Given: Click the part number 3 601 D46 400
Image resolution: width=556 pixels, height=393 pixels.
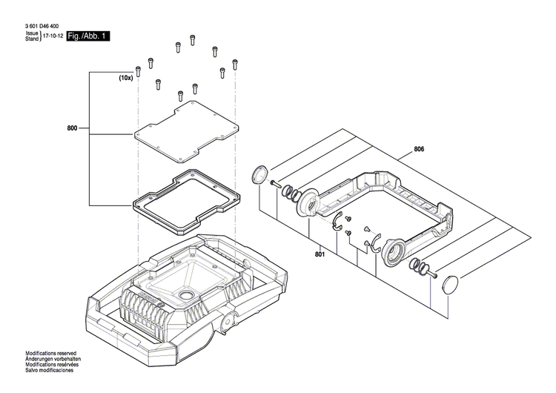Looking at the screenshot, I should pos(43,27).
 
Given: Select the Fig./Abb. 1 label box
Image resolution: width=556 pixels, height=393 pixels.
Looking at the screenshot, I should pos(87,36).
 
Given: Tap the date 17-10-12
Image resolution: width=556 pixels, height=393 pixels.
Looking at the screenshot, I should pos(52,36).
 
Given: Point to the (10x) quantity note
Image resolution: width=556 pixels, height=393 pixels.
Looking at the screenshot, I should pos(126,77).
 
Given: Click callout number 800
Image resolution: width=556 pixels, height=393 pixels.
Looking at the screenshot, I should pos(72,129).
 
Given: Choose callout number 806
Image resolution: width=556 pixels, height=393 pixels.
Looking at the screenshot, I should pos(419,150).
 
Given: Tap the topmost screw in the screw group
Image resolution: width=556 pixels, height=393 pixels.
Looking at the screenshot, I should pos(193,39).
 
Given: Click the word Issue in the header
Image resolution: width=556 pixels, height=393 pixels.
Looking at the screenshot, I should pos(32,33).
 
